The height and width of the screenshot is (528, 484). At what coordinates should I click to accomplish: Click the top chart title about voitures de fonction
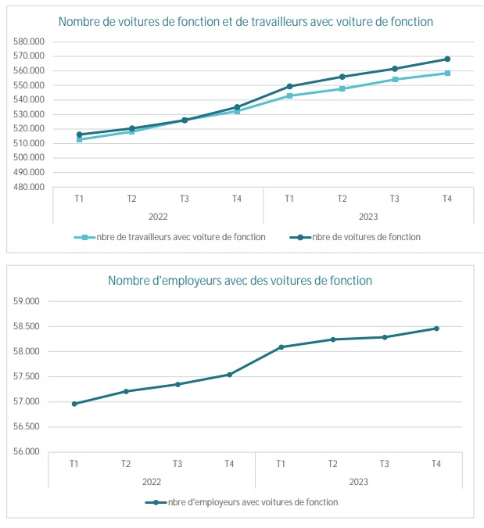coord(246,22)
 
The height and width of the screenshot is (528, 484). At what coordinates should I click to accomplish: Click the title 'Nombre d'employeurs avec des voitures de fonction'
coord(239,280)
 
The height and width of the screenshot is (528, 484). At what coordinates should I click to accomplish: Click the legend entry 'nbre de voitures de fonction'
coord(366,237)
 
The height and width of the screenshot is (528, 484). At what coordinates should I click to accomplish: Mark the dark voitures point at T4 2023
coord(447,59)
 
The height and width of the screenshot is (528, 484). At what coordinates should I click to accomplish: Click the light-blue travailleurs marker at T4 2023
coord(447,73)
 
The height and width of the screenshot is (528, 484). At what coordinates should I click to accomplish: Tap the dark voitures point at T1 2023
coord(289,86)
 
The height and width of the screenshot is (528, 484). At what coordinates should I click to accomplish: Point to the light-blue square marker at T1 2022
coord(79,139)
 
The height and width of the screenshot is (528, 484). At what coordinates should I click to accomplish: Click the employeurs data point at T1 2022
coord(74,404)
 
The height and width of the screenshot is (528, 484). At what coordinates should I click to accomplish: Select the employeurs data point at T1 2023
coord(281,347)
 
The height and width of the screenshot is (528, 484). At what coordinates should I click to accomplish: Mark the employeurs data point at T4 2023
coord(436,329)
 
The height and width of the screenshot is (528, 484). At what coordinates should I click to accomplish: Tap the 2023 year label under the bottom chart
coord(358,481)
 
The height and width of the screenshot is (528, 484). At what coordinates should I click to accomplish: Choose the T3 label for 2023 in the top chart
coord(395,199)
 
